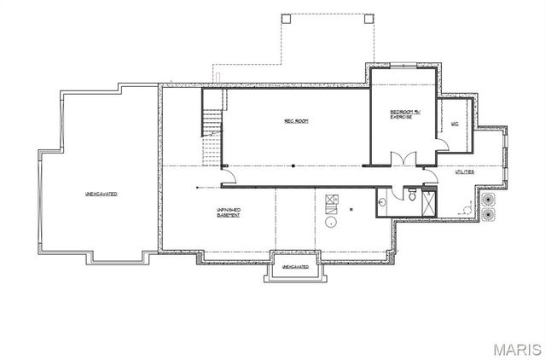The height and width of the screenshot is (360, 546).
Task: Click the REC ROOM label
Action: tap(296, 122)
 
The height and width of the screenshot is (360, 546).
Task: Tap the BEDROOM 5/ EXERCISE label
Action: tap(401, 114)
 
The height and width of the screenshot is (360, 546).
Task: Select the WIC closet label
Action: tap(454, 125)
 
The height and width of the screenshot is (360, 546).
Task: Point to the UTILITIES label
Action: tap(465, 172)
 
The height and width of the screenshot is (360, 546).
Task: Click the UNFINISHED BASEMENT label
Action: tap(228, 212)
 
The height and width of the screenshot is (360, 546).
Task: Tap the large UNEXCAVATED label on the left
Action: tap(101, 195)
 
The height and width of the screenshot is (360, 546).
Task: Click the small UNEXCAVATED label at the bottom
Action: tap(294, 267)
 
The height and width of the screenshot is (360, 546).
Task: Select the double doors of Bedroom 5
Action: tap(402, 158)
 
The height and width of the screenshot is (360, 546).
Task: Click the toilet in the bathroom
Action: tap(411, 195)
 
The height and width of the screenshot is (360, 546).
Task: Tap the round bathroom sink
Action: tap(382, 202)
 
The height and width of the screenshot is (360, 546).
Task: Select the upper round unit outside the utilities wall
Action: tap(488, 198)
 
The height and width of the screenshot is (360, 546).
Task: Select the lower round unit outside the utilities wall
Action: tap(488, 212)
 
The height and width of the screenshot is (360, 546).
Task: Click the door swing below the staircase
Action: tap(229, 177)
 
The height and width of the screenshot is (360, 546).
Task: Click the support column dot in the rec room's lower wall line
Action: tap(293, 165)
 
